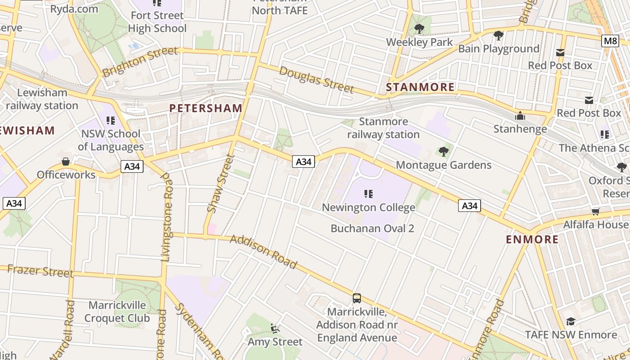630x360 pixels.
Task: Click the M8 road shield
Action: [x=610, y=41]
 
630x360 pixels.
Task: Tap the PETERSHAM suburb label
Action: [x=206, y=108]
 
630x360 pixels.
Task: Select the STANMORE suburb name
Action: [x=420, y=87]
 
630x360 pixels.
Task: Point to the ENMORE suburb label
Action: [x=532, y=239]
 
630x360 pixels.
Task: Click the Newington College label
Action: [x=369, y=207]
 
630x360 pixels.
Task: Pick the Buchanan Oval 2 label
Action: [x=372, y=228]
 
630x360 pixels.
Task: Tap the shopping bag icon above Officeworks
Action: [x=66, y=161]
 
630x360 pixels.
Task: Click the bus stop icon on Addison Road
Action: [x=357, y=298]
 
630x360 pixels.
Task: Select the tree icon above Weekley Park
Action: [x=419, y=29]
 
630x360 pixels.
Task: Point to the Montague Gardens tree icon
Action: [x=444, y=152]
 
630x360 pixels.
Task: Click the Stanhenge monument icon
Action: [x=520, y=116]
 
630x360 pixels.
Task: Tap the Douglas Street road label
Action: [x=316, y=79]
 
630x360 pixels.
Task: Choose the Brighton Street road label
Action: [x=139, y=62]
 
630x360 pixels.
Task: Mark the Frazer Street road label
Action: [x=40, y=271]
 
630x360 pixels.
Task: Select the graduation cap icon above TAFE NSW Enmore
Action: [x=571, y=321]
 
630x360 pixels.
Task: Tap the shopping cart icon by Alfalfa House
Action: [x=596, y=211]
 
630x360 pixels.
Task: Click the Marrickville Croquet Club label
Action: [x=117, y=311]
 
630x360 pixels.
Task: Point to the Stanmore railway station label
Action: [x=383, y=128]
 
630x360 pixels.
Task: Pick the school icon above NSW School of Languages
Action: [x=111, y=121]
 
